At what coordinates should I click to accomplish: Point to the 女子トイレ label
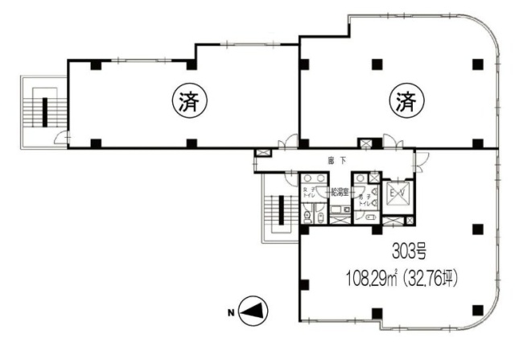pos(308,194)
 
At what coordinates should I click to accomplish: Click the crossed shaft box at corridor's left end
pos(262,153)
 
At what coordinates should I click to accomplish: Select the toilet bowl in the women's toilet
pos(307,215)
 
